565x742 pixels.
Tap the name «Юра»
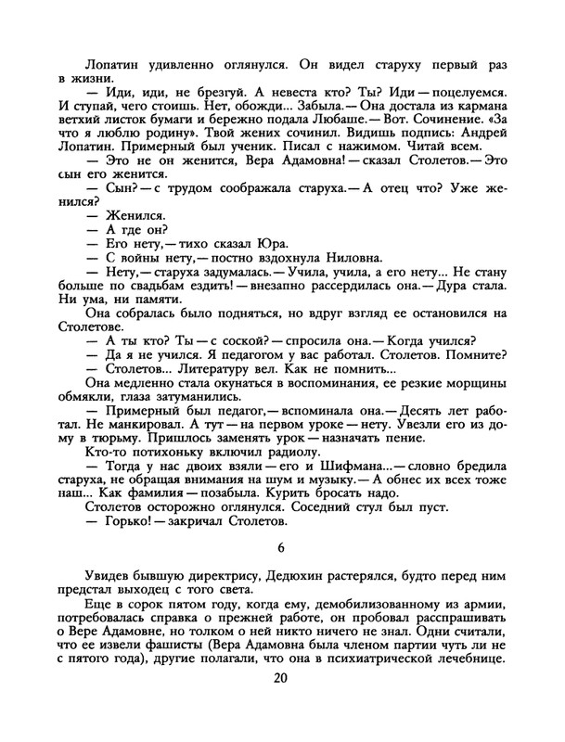[250, 243]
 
